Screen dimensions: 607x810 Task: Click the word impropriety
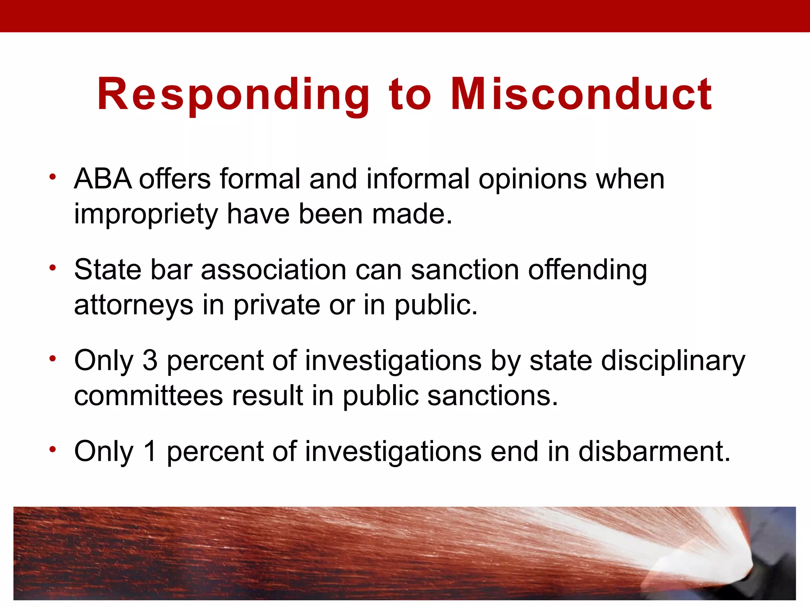tap(146, 215)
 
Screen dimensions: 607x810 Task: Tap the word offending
tap(588, 271)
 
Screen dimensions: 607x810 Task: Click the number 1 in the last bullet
tap(150, 451)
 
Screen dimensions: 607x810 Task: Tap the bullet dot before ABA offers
tap(53, 177)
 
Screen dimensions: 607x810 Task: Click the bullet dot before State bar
tap(53, 268)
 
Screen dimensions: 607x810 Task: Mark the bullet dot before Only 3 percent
tap(53, 359)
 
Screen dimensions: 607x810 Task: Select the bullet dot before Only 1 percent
tap(53, 449)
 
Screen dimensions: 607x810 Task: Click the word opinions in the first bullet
tap(532, 180)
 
